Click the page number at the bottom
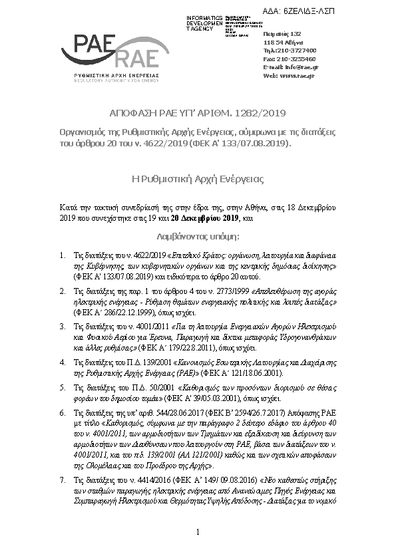[x=198, y=533]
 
